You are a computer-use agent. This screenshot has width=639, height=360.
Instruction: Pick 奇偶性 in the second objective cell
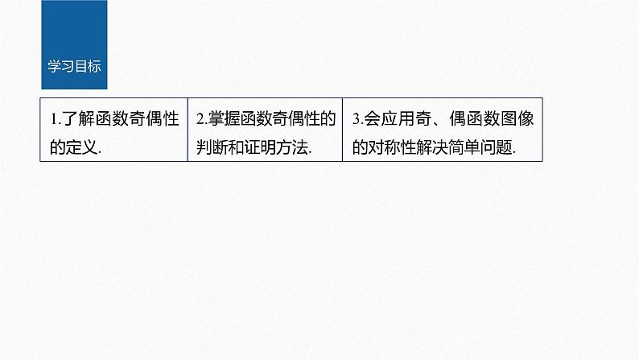tap(296, 119)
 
